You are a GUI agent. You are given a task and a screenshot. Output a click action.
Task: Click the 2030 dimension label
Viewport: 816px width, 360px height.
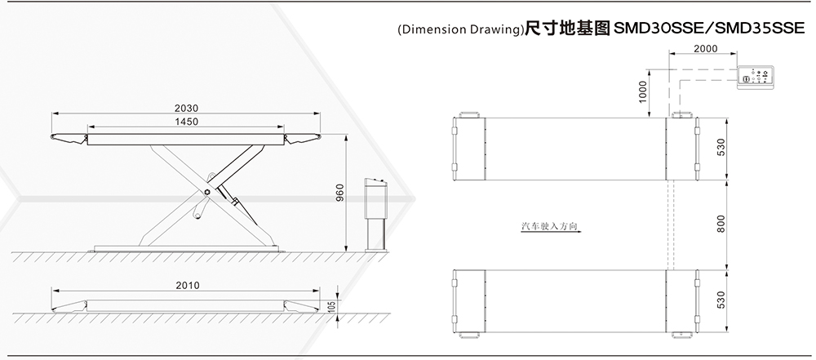pos(187,108)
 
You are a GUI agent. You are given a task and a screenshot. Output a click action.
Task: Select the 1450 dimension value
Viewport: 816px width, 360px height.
pos(187,122)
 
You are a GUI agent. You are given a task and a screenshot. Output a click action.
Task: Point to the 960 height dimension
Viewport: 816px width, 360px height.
pos(340,193)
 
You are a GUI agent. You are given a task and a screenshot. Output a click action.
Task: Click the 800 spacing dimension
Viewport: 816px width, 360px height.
pos(721,224)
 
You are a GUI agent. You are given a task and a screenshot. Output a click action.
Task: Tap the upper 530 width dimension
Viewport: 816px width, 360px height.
pos(721,148)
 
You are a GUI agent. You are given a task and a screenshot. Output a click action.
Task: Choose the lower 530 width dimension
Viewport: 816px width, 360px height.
pos(721,300)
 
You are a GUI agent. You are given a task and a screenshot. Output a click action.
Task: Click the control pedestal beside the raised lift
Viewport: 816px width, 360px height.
pos(375,212)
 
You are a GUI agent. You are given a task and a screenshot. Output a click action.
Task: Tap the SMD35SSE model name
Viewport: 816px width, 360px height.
pos(759,28)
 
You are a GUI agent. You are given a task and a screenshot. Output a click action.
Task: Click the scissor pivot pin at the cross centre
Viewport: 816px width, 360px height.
pos(207,191)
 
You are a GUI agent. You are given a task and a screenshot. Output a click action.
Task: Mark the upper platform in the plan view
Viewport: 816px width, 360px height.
pos(575,149)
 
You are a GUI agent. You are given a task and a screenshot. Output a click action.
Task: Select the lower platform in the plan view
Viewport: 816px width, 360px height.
pos(575,300)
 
